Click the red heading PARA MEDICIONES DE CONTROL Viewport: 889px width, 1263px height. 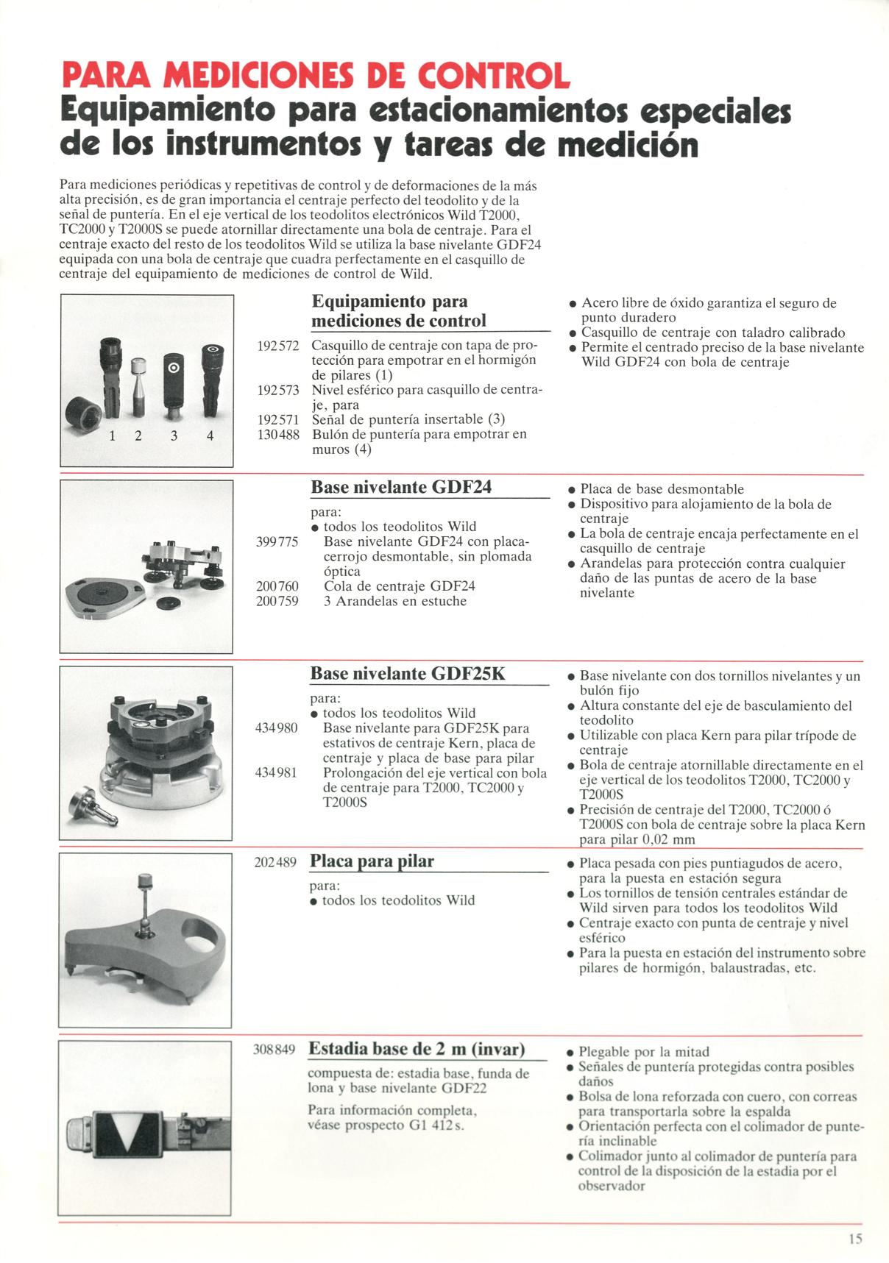[316, 76]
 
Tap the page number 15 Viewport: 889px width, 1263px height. [854, 1239]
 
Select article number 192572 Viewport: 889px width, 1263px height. [277, 346]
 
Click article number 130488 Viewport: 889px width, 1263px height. [277, 434]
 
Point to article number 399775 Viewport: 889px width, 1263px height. [277, 541]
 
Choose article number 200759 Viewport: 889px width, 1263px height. [277, 601]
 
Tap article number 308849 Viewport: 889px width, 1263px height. [275, 1050]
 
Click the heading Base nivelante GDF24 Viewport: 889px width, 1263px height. [401, 487]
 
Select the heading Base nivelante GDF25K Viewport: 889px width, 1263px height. [408, 673]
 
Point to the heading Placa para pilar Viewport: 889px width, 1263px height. [372, 861]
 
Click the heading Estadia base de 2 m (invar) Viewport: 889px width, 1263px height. [417, 1048]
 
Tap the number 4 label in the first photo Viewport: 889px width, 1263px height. [210, 436]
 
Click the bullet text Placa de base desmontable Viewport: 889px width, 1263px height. [662, 489]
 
